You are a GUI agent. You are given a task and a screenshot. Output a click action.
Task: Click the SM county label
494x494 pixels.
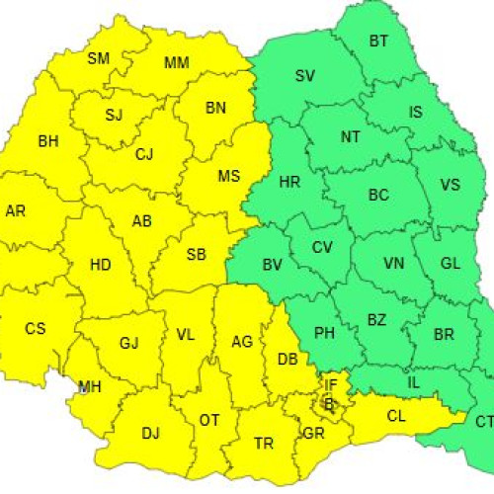point(99,58)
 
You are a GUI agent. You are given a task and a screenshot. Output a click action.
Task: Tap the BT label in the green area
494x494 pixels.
point(379,41)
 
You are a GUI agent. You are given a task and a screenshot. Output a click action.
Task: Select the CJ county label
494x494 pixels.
point(145,153)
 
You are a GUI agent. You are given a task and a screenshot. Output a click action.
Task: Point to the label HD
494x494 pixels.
point(101,265)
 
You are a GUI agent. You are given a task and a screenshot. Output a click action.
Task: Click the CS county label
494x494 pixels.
point(36,328)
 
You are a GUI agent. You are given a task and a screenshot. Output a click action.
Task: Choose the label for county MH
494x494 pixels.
point(90,385)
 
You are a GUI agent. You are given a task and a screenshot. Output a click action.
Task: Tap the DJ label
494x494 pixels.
point(150,432)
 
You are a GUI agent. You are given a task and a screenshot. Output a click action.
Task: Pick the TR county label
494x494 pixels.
point(264,444)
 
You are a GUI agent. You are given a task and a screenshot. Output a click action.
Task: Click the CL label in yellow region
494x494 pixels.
point(396,416)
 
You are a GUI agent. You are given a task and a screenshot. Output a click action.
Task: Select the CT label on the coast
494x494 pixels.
point(484,422)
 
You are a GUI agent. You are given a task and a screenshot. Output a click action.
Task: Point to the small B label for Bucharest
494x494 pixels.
point(329,402)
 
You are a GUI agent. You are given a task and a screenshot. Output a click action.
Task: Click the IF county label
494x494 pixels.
point(331,384)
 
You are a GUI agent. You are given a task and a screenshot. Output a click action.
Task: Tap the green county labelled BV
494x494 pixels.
point(273,265)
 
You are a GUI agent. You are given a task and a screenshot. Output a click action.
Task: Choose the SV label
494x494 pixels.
point(305,75)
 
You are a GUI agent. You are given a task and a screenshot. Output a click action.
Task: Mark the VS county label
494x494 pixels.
point(450,185)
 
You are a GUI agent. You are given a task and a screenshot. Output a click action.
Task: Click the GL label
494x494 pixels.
point(451,263)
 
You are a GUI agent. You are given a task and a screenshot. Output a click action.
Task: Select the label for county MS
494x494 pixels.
point(229,177)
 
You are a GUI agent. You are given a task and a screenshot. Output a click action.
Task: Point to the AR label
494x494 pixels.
point(16,210)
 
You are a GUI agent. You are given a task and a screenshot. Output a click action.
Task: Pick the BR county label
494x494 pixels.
point(445,334)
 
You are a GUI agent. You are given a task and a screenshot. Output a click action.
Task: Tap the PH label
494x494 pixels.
point(324,334)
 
